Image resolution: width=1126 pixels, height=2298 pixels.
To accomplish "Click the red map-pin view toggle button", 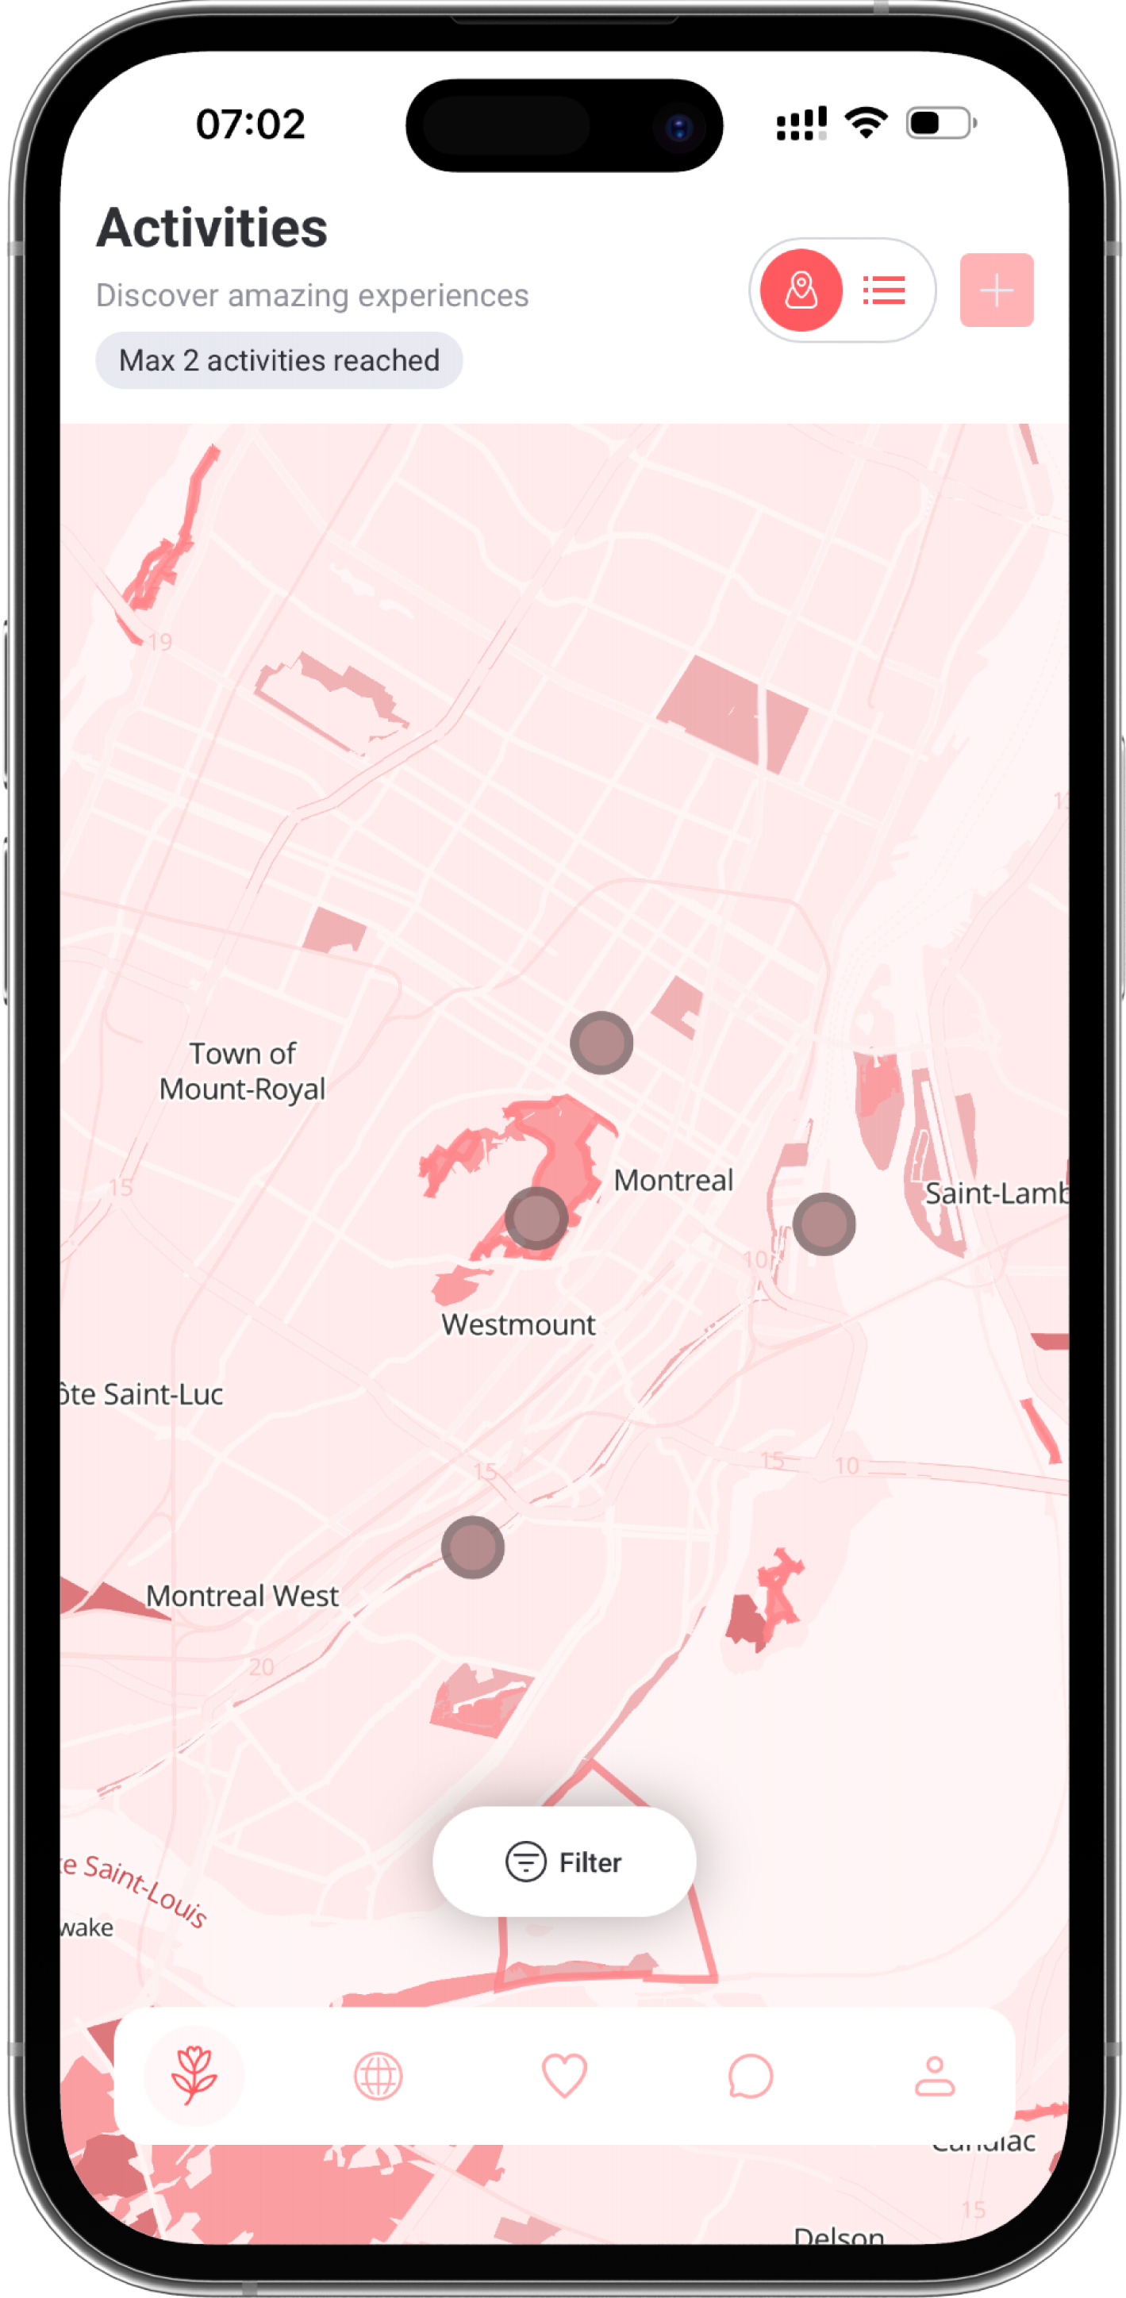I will pyautogui.click(x=801, y=290).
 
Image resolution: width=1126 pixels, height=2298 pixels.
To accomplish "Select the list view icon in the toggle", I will pyautogui.click(x=884, y=290).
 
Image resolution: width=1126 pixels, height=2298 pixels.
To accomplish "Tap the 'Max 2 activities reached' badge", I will pyautogui.click(x=279, y=360).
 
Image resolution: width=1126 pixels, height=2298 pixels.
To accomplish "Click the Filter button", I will pyautogui.click(x=564, y=1862).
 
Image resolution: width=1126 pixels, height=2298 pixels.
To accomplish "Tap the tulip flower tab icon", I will pyautogui.click(x=194, y=2076).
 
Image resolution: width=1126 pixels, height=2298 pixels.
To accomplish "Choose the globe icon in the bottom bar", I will pyautogui.click(x=379, y=2076).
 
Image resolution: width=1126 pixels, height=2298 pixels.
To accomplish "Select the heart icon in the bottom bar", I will pyautogui.click(x=564, y=2076).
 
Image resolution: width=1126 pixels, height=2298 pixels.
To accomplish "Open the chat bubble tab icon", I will pyautogui.click(x=750, y=2076).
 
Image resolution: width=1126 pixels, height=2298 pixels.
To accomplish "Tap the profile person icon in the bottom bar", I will pyautogui.click(x=934, y=2076).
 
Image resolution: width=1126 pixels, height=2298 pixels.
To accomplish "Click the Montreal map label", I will pyautogui.click(x=674, y=1180).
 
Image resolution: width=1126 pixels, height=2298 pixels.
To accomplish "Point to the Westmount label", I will pyautogui.click(x=518, y=1324).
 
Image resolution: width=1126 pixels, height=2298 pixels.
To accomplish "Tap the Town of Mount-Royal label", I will pyautogui.click(x=243, y=1071).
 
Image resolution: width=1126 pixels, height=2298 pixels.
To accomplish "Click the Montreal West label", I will pyautogui.click(x=243, y=1596).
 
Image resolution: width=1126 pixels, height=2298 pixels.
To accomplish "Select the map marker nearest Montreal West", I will pyautogui.click(x=473, y=1547).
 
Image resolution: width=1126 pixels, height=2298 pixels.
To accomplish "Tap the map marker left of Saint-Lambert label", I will pyautogui.click(x=824, y=1224).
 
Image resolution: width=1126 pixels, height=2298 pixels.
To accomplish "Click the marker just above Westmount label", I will pyautogui.click(x=536, y=1219).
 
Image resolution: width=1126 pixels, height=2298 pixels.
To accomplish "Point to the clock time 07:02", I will pyautogui.click(x=251, y=124).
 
